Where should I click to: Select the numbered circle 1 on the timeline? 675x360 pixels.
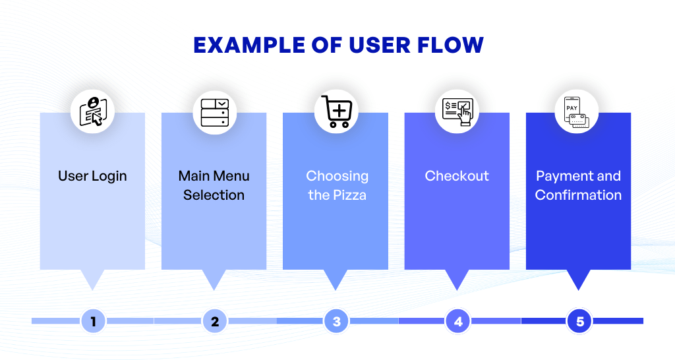93,322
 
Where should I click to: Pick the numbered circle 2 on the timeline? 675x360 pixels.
214,322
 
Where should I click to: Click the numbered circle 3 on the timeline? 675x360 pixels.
336,322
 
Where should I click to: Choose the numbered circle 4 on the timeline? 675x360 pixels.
457,322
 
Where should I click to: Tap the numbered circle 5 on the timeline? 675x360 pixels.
579,322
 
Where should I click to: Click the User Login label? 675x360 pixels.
92,176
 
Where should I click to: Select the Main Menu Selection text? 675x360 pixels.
214,185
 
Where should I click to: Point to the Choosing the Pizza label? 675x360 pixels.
337,185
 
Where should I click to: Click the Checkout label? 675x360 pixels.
457,176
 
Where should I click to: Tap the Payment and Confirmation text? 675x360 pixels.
578,185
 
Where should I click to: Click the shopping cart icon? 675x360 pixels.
336,111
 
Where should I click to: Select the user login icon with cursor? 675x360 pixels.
93,111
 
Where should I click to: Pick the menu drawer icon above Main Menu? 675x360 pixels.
214,111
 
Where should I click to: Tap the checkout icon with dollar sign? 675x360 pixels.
457,111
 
